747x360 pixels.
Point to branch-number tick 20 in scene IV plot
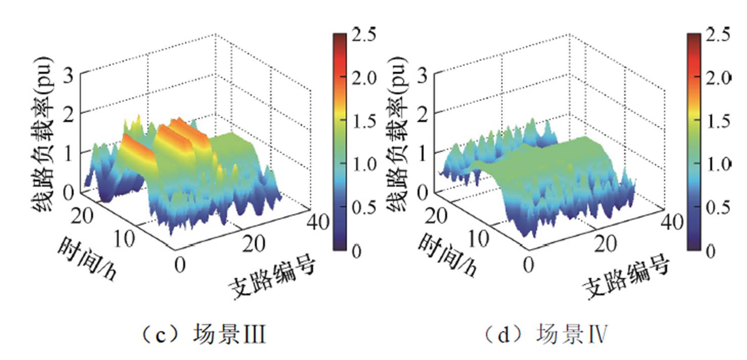605,245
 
